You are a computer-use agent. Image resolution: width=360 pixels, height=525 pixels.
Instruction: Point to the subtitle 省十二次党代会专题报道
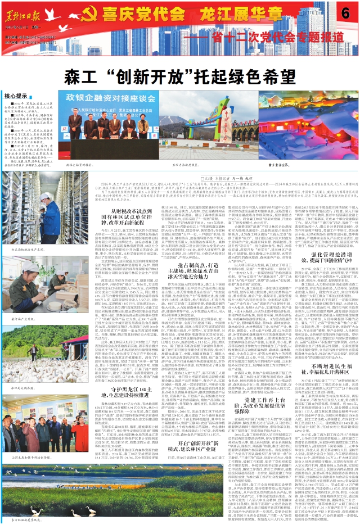pyautogui.click(x=242, y=36)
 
